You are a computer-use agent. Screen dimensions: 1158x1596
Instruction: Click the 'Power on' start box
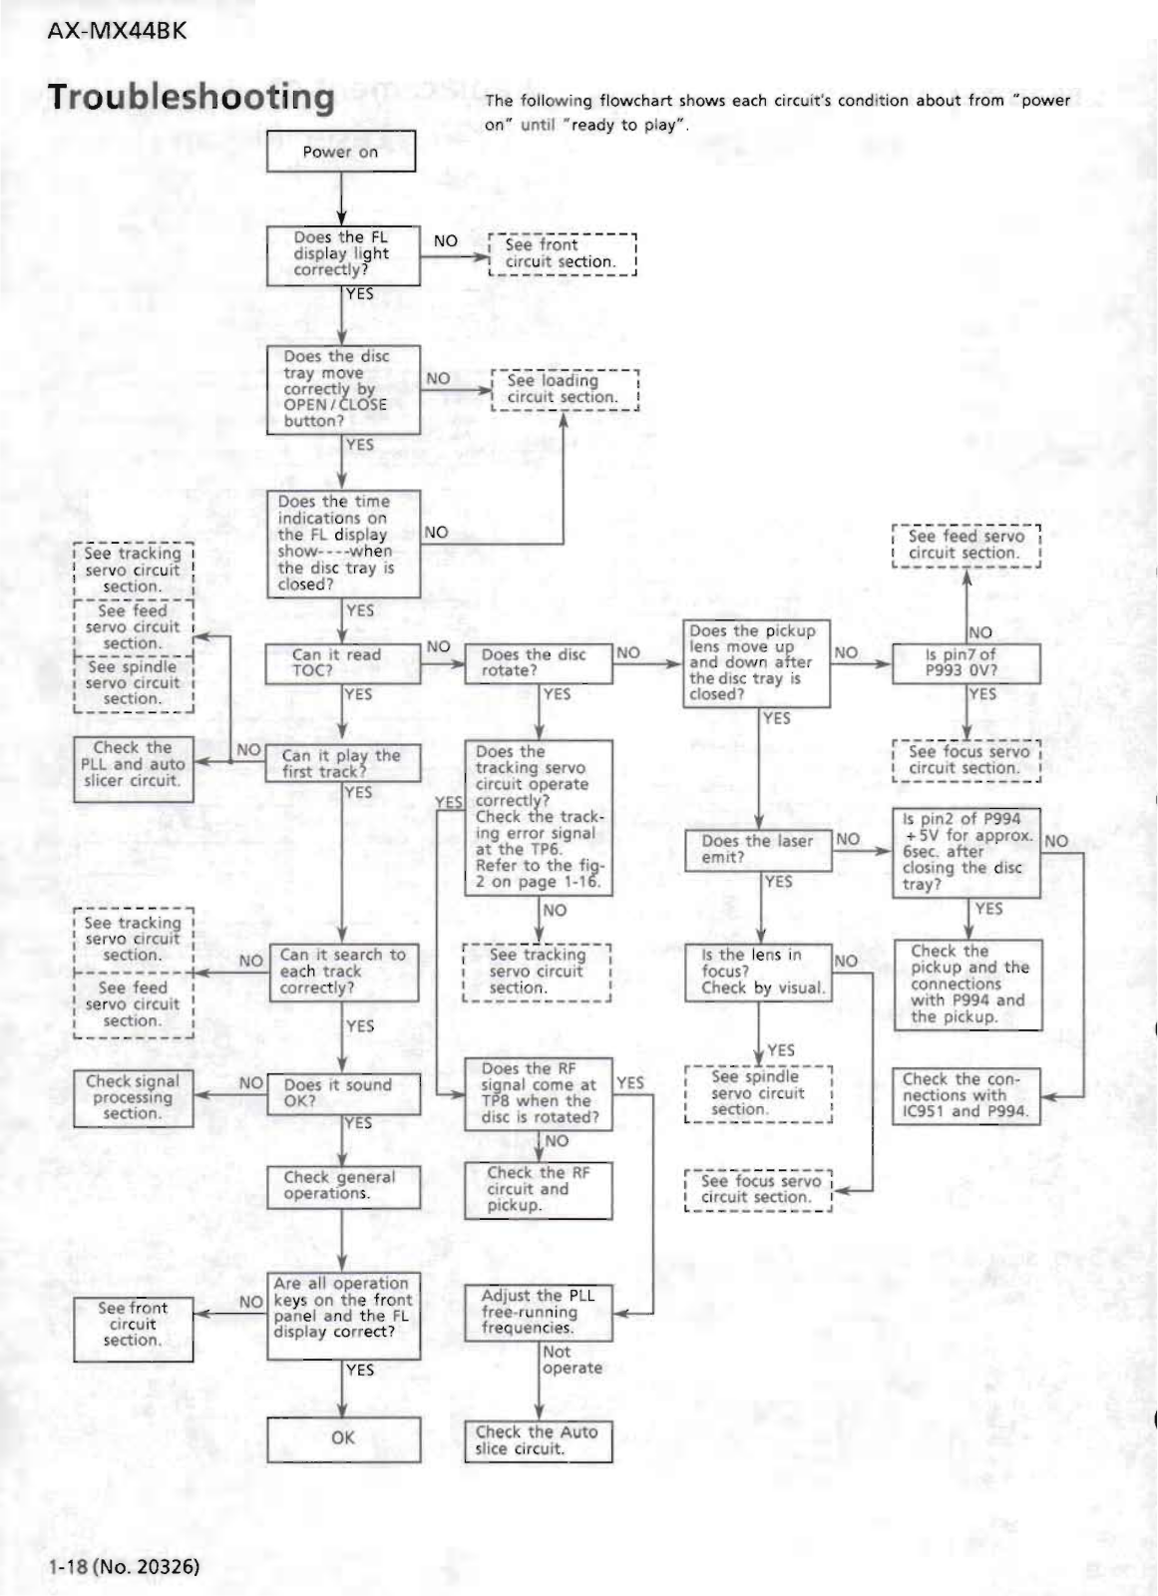point(341,152)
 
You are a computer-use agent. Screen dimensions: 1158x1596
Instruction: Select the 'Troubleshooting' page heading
point(192,97)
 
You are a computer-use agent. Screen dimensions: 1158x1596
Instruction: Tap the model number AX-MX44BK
point(117,30)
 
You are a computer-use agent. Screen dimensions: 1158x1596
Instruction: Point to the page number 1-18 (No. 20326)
point(125,1565)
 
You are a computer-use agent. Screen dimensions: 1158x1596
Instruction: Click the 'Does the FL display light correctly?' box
point(343,254)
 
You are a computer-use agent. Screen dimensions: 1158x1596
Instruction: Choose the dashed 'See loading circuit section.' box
point(564,389)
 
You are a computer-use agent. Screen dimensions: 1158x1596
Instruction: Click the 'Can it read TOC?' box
point(342,663)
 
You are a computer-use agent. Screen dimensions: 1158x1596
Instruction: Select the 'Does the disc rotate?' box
point(539,663)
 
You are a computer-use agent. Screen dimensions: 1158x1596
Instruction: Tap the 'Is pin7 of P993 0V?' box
point(965,663)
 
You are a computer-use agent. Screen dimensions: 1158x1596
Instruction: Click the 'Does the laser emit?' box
point(758,849)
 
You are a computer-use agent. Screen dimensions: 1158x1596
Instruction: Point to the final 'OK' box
point(343,1438)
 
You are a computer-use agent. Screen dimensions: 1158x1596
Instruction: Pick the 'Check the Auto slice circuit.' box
point(538,1440)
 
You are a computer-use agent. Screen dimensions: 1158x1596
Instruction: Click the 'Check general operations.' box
point(343,1186)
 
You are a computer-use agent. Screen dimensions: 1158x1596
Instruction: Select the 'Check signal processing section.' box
point(133,1098)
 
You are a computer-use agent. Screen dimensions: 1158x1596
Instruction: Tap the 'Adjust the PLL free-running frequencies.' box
point(539,1312)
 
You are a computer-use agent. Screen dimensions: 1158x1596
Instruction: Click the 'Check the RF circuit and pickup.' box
point(539,1189)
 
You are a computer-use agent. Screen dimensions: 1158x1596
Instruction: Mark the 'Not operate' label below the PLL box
point(572,1360)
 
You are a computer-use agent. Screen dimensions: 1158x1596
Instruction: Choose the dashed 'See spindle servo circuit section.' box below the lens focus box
point(758,1093)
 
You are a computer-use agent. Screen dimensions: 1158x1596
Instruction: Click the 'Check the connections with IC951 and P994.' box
point(965,1096)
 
